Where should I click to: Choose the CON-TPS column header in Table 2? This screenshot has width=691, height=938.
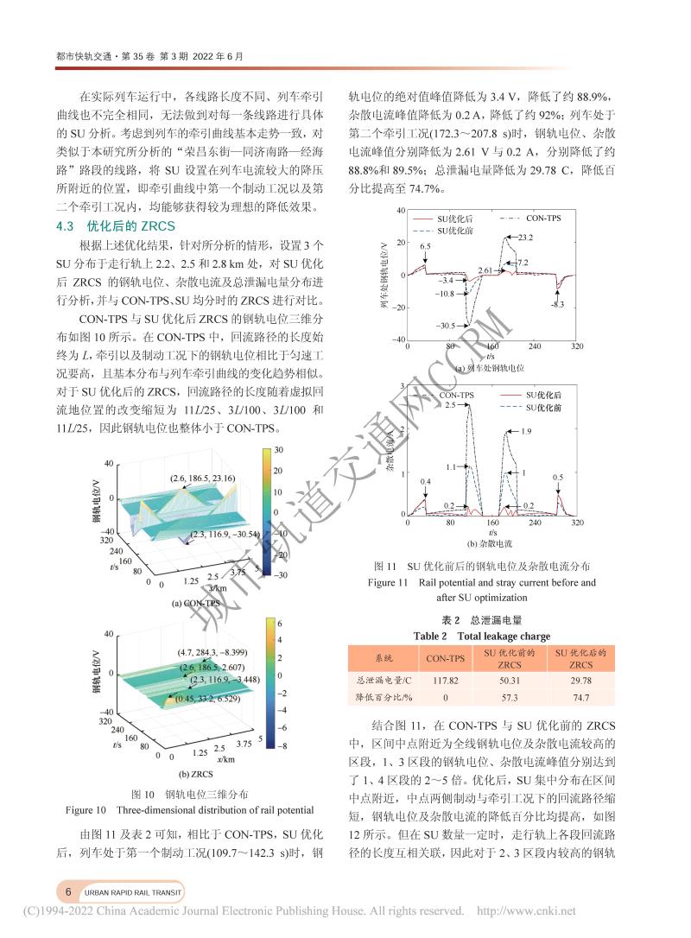(445, 659)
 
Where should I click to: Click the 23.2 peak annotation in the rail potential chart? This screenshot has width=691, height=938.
(526, 237)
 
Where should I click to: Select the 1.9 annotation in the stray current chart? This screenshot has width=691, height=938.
(526, 430)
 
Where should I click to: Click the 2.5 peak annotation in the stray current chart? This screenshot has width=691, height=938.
(450, 404)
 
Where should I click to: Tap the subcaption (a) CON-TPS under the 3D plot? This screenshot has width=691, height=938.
(196, 603)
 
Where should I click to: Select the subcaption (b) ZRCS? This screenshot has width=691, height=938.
(195, 774)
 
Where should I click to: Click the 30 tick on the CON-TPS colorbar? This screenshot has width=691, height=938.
(278, 451)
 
